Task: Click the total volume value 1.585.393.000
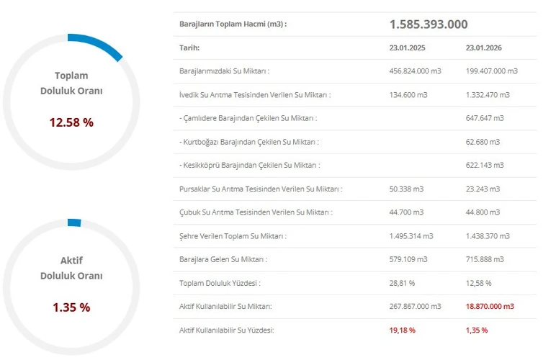(428, 24)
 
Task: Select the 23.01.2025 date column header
(408, 48)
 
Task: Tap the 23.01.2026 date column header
(485, 48)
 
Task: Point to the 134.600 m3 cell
(408, 95)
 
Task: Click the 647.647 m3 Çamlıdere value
(485, 118)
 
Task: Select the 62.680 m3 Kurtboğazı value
(483, 142)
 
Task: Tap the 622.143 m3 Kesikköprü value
(485, 166)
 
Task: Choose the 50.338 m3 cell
(406, 189)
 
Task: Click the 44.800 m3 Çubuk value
(483, 212)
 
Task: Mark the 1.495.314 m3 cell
(411, 236)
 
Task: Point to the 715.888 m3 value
(485, 259)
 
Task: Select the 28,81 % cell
(403, 283)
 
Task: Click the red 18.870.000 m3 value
(490, 307)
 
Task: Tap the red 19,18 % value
(403, 330)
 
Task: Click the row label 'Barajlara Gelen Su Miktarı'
(223, 259)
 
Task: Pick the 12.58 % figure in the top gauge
(71, 122)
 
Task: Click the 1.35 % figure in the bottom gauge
(71, 307)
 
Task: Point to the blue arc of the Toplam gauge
(97, 45)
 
